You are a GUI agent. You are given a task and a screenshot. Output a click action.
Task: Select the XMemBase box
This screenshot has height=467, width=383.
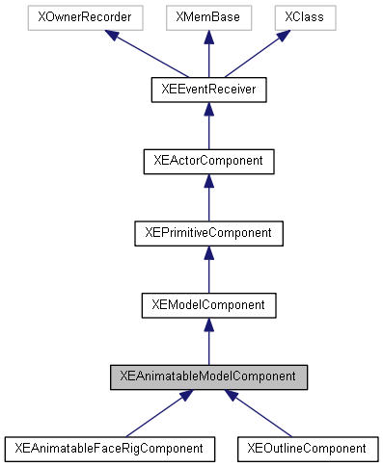pos(208,18)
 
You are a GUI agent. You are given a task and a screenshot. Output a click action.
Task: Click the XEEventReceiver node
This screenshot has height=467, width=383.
pos(208,90)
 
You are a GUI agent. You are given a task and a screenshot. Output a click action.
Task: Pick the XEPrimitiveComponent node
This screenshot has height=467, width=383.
pos(208,232)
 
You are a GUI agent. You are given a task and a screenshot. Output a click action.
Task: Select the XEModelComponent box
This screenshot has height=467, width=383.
pos(208,304)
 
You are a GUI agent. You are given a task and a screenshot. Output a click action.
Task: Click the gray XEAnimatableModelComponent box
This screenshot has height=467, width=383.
pos(208,376)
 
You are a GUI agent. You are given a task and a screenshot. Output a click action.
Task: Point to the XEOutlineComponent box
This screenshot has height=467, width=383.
pos(307,448)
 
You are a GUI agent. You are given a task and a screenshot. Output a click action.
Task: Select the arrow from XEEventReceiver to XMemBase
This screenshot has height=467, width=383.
pos(208,56)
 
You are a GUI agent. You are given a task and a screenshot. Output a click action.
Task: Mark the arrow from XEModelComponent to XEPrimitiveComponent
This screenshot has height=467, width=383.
pos(208,270)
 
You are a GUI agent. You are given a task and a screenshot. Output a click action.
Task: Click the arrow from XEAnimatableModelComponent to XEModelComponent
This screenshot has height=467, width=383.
pos(208,342)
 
